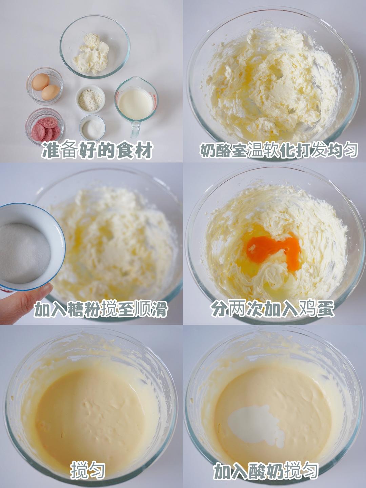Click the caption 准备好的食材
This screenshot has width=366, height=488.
pyautogui.click(x=97, y=150)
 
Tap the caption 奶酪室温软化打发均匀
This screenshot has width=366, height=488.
pyautogui.click(x=279, y=150)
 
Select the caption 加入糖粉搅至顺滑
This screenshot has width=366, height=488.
pyautogui.click(x=101, y=309)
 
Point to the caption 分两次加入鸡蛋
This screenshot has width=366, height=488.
pyautogui.click(x=272, y=308)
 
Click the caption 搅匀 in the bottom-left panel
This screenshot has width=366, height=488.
pyautogui.click(x=88, y=470)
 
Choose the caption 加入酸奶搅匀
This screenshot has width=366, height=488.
pyautogui.click(x=266, y=471)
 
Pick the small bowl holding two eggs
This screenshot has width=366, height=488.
pyautogui.click(x=45, y=86)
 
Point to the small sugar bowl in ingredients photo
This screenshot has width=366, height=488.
pyautogui.click(x=92, y=128)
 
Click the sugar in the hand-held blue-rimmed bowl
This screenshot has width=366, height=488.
pyautogui.click(x=24, y=252)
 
